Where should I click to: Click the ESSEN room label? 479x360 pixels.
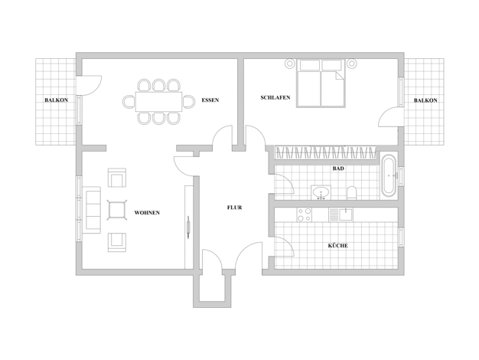pos(210,100)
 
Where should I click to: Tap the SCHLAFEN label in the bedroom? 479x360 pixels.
pos(275,97)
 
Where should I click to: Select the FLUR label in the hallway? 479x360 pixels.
pos(235,208)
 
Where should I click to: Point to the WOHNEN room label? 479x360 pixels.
pos(147,213)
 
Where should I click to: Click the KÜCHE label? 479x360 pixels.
pos(338,245)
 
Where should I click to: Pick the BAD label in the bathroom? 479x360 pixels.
pos(338,169)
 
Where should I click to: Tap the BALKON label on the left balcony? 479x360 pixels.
pos(56,100)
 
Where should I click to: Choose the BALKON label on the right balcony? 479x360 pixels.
pos(425,100)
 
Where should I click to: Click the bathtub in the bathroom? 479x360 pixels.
pos(389,175)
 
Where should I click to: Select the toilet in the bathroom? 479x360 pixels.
pos(352,193)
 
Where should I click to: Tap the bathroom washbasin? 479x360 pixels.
pos(321,192)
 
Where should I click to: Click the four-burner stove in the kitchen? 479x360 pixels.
pos(305,214)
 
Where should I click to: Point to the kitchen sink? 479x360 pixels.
pos(341,214)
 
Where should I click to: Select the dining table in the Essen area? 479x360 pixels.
pos(159,102)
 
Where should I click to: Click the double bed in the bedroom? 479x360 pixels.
pos(321,83)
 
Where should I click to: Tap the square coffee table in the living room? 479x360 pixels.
pos(117,210)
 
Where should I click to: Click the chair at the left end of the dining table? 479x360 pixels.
pos(129,102)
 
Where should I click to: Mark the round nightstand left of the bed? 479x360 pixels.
pos(289,64)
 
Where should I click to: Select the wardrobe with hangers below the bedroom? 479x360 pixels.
pos(326,152)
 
